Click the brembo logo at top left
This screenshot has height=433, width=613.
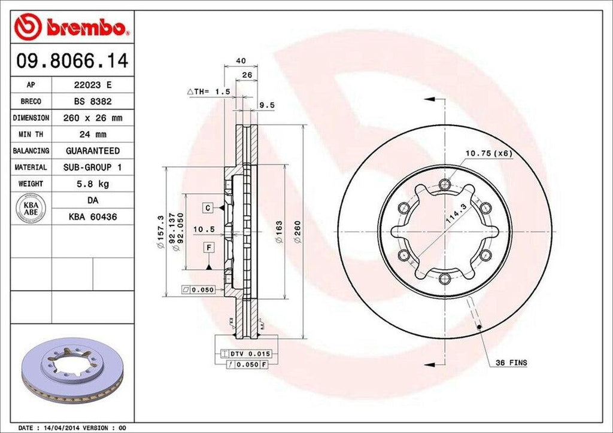click(72, 27)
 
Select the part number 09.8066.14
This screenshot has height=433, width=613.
click(71, 61)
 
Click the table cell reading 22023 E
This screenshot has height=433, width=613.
click(93, 85)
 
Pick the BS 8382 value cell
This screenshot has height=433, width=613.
click(93, 102)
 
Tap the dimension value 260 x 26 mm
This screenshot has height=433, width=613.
click(93, 118)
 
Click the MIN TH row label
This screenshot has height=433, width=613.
click(31, 135)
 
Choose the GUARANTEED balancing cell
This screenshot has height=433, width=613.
click(93, 151)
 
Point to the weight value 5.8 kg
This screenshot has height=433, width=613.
click(93, 184)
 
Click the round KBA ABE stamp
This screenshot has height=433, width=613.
click(31, 208)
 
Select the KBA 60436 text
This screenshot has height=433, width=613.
click(93, 216)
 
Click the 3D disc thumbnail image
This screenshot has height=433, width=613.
click(72, 368)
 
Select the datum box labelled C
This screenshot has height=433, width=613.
click(207, 208)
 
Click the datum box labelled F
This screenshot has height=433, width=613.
click(209, 247)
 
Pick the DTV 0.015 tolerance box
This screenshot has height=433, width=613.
click(242, 354)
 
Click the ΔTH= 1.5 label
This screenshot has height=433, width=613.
click(209, 92)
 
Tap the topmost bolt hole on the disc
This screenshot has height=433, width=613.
click(445, 184)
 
